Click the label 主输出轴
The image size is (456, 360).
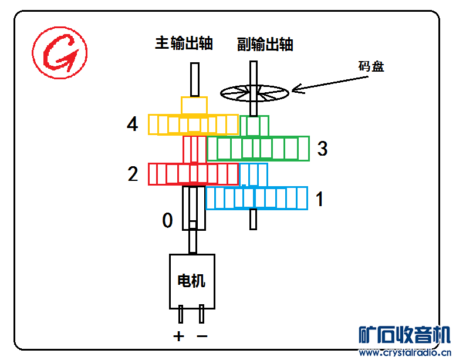tap(184, 43)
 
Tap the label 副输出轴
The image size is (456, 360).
tap(265, 45)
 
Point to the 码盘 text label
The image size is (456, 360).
tap(371, 66)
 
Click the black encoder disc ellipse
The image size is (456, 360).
tap(255, 92)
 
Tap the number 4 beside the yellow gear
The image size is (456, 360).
tap(133, 125)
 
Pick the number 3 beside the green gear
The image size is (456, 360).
tap(322, 149)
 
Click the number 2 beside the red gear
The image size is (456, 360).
tap(133, 174)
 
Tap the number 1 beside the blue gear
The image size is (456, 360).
tap(320, 200)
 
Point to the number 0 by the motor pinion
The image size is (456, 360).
tap(168, 221)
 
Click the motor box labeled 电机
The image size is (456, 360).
tap(192, 281)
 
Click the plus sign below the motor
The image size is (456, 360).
tap(178, 337)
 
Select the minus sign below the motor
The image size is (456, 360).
tap(202, 337)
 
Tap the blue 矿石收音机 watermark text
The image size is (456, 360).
tap(404, 334)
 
